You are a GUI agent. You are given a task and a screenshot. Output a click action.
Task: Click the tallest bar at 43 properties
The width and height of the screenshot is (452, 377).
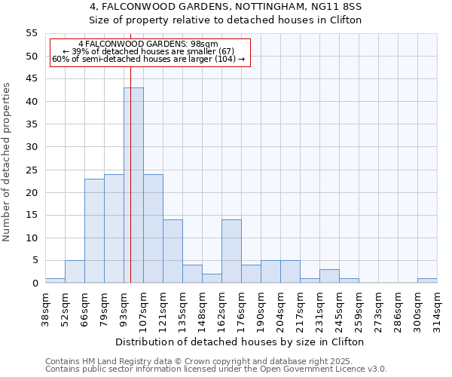pyautogui.click(x=133, y=185)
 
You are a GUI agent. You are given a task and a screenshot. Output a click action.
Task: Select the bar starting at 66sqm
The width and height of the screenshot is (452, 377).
pyautogui.click(x=94, y=231)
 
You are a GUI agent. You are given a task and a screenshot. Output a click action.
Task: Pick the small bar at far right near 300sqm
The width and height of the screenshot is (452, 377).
pyautogui.click(x=427, y=280)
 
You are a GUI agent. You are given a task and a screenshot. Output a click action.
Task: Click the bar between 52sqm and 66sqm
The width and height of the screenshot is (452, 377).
pyautogui.click(x=75, y=271)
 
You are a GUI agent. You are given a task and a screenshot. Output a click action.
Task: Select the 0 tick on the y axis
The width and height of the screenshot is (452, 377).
pyautogui.click(x=34, y=284)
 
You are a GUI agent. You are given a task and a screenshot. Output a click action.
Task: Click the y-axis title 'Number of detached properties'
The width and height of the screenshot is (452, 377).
pyautogui.click(x=8, y=162)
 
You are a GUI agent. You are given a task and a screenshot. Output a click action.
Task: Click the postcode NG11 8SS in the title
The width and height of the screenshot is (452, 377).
pyautogui.click(x=341, y=7)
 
